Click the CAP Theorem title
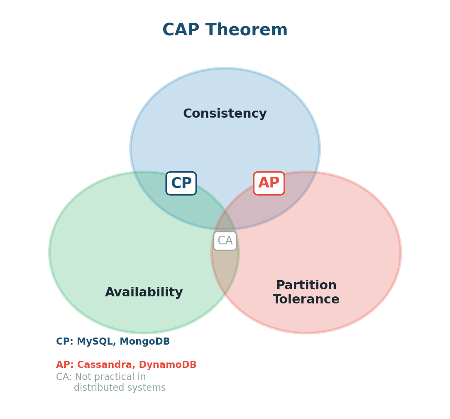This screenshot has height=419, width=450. pos(225,30)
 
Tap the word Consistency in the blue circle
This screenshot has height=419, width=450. pos(225,114)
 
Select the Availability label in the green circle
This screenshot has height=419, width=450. pos(144,293)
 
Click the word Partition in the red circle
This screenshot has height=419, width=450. pos(306,286)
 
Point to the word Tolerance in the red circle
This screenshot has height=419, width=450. pos(306,300)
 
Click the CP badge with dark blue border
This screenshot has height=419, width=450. pos(181,183)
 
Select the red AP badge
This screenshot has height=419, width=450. pos(269,183)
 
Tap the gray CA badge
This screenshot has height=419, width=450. pos(225,241)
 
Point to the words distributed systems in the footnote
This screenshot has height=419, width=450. pos(120,388)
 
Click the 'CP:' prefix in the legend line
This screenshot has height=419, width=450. pos(64,342)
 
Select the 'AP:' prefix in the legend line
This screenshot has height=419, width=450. pos(64,365)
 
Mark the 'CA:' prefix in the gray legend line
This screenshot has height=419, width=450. pos(64,377)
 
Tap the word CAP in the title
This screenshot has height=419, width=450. pos(181,30)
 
